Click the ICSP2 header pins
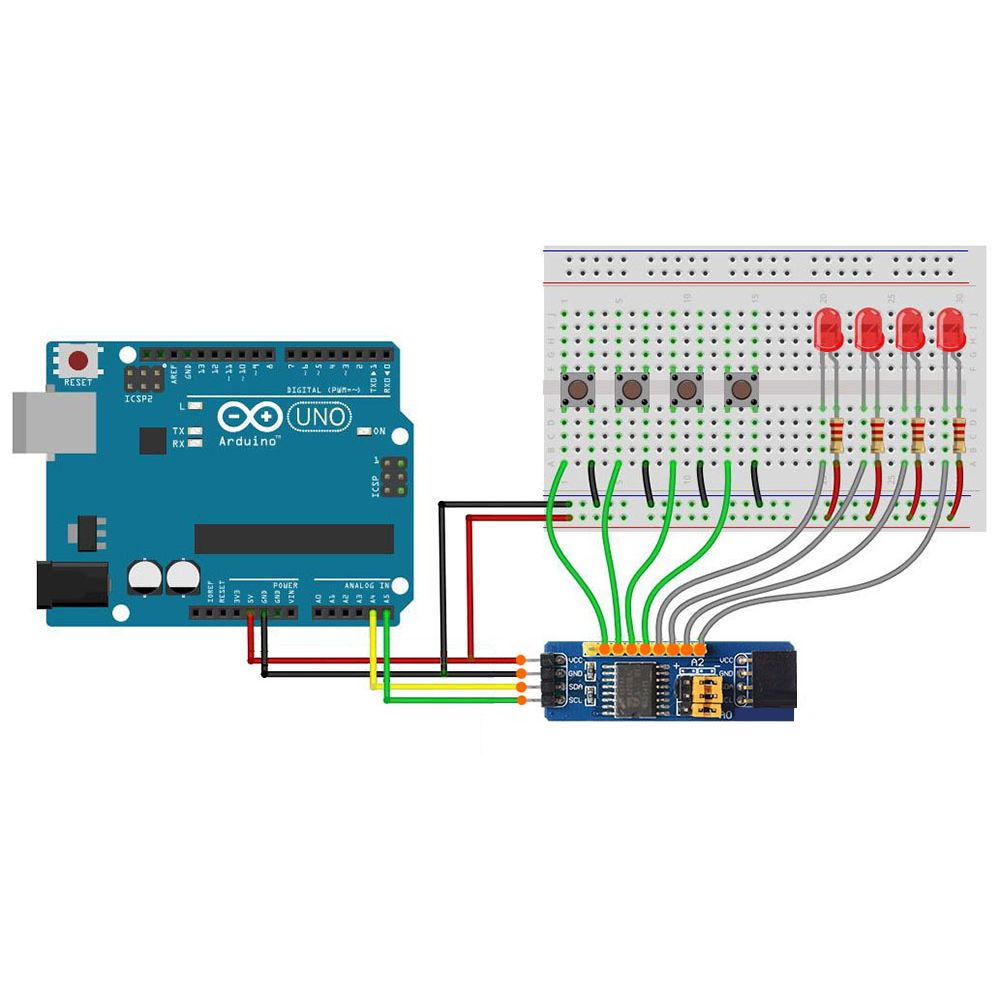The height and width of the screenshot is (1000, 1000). pyautogui.click(x=146, y=378)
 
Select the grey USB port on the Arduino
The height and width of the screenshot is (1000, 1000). pyautogui.click(x=54, y=422)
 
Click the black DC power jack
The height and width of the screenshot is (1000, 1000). pyautogui.click(x=71, y=584)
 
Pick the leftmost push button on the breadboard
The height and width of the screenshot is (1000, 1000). pyautogui.click(x=577, y=390)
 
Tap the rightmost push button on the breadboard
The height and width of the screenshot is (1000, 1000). pyautogui.click(x=741, y=390)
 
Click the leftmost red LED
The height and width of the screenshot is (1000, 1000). pyautogui.click(x=828, y=330)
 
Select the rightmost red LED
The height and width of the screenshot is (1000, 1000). pyautogui.click(x=950, y=330)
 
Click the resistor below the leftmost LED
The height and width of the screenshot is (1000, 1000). pyautogui.click(x=835, y=436)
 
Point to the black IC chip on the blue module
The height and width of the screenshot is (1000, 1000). pyautogui.click(x=634, y=688)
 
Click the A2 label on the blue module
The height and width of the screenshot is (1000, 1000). pyautogui.click(x=698, y=663)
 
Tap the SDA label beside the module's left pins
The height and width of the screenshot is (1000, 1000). pyautogui.click(x=575, y=688)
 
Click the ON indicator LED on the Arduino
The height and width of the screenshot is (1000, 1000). pyautogui.click(x=364, y=431)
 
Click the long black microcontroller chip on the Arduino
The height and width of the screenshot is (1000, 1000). pyautogui.click(x=294, y=538)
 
